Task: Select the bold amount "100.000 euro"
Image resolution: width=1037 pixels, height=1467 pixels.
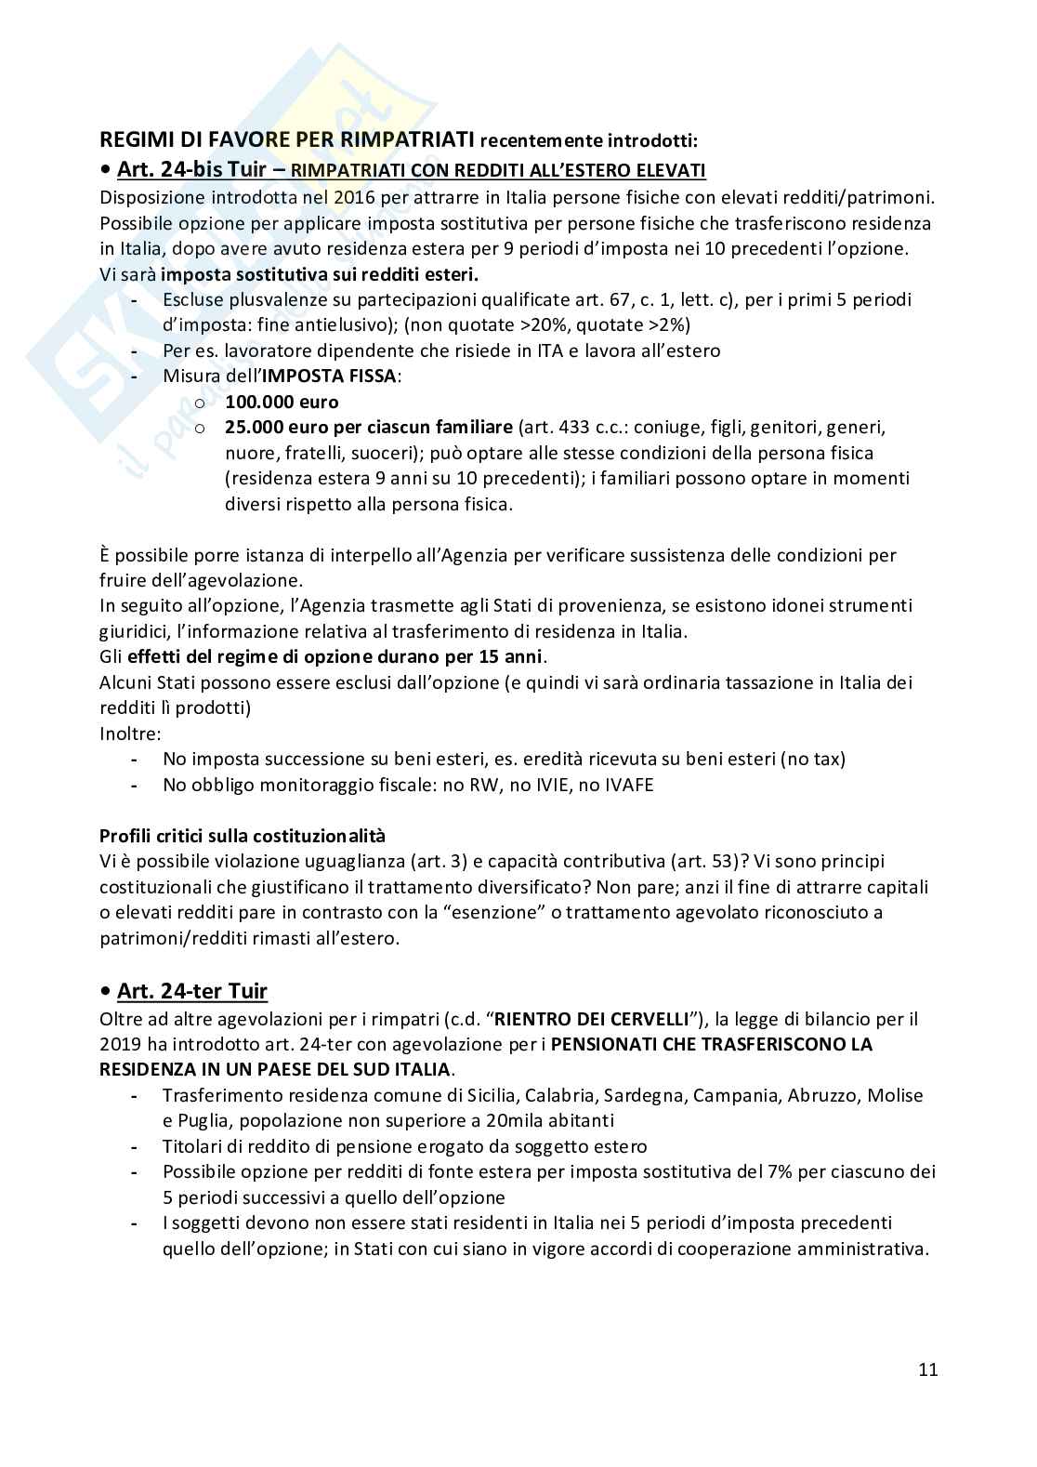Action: pos(282,402)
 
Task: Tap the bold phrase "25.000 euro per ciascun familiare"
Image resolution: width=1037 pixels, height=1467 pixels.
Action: pos(368,428)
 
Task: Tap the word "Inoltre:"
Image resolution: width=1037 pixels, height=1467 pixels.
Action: pos(130,733)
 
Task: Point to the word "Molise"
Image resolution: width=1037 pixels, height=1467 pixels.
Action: pos(896,1095)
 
